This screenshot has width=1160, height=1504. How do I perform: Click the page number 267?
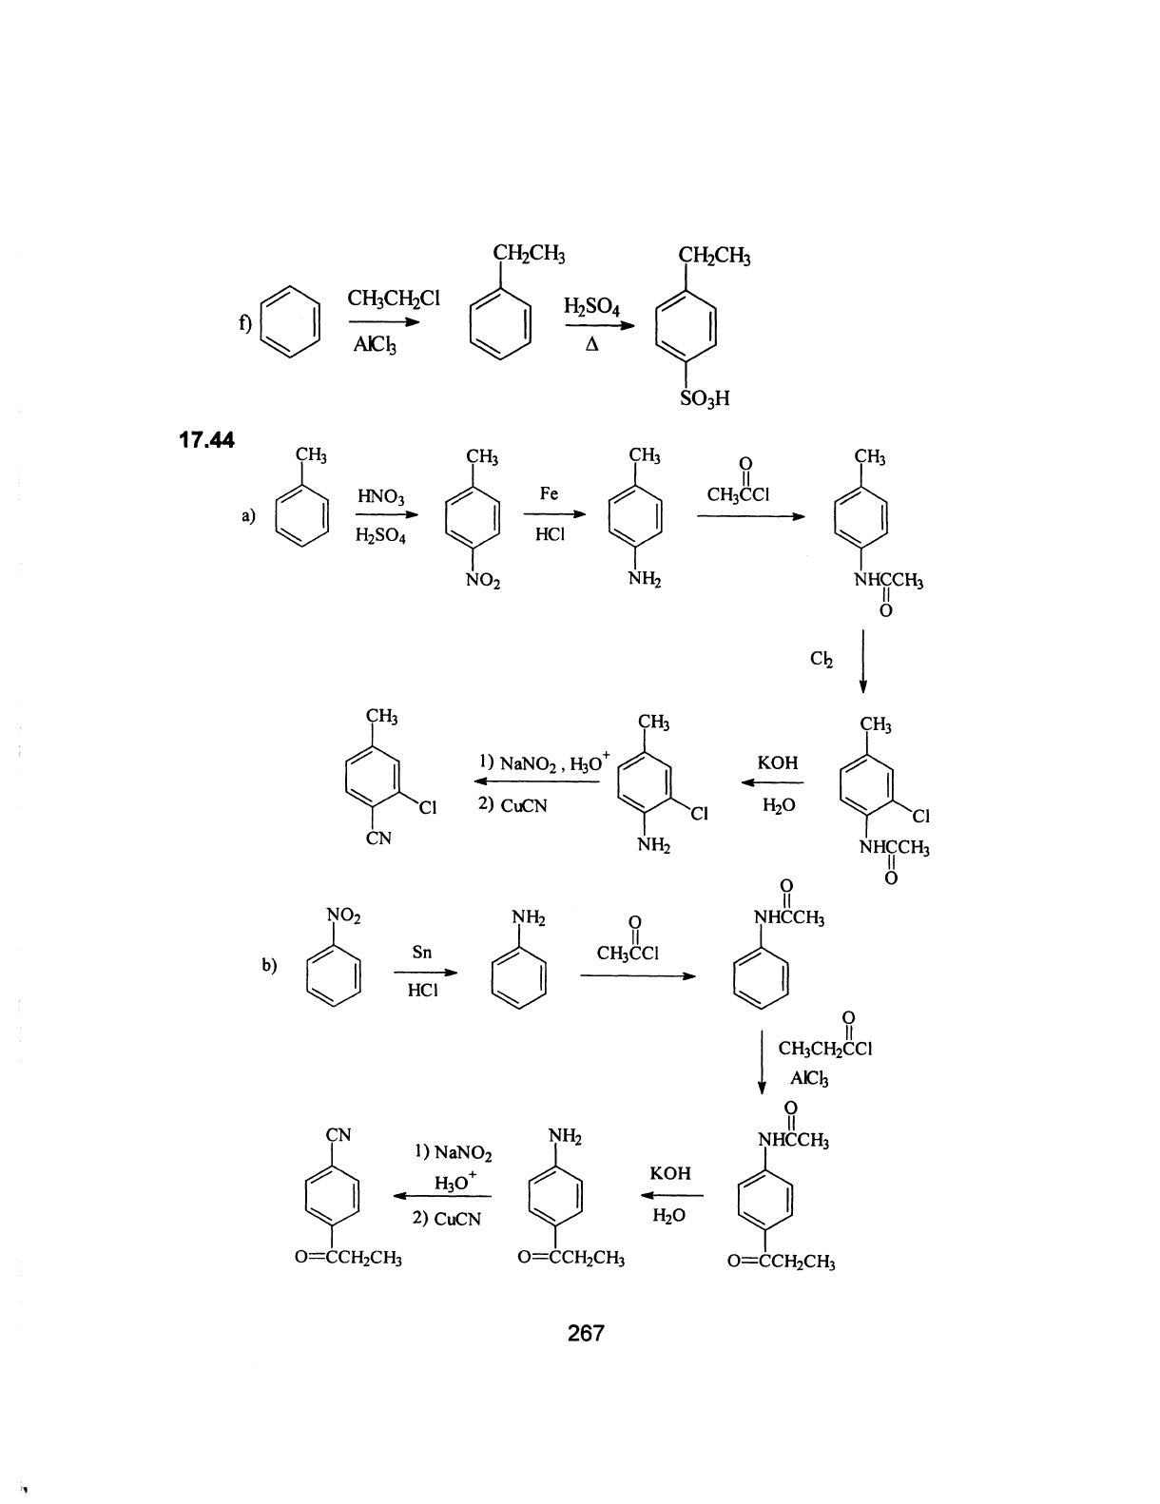coord(585,1333)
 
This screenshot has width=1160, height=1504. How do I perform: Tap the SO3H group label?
coord(705,398)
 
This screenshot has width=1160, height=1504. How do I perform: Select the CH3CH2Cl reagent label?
coord(381,299)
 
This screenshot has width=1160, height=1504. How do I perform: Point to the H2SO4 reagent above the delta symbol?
coord(591,306)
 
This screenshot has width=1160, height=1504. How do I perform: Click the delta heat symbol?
coord(591,345)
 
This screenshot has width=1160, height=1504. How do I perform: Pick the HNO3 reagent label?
coord(380,496)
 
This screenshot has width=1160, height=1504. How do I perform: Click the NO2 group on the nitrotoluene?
coord(484,580)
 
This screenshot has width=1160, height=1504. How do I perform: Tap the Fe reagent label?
coord(549,493)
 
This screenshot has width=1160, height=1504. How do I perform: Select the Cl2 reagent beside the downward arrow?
coord(822,660)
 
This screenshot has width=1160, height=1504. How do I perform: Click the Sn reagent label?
coord(422,952)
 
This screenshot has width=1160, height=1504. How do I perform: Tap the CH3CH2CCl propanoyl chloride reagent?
coord(824,1049)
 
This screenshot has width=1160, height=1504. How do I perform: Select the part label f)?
coord(244,323)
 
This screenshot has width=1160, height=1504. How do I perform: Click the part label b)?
coord(269,965)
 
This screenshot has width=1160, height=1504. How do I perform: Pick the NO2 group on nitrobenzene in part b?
coord(343,916)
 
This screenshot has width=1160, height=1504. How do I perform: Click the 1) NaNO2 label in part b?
coord(454,1153)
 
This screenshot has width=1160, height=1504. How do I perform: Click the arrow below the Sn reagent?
coord(424,973)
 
